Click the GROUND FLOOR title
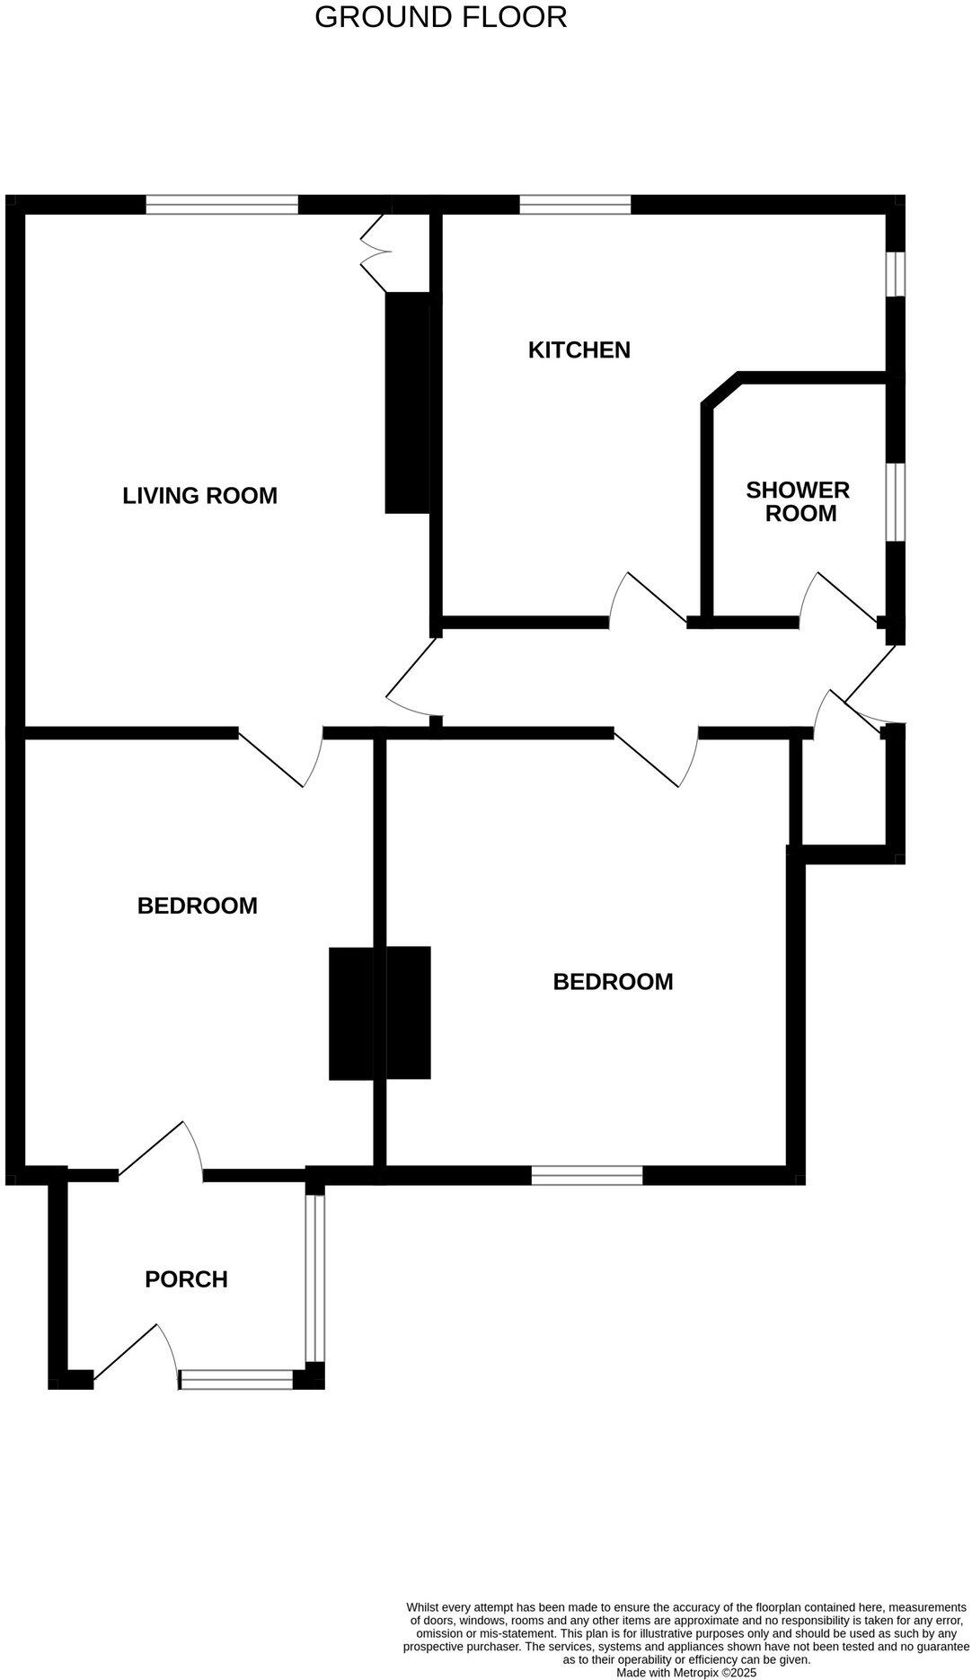click(440, 17)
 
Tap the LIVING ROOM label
click(199, 495)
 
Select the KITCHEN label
click(579, 349)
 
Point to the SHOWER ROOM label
click(798, 501)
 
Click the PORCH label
click(186, 1279)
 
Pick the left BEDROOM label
click(197, 906)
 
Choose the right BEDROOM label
click(613, 981)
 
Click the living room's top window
click(222, 205)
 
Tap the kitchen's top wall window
click(575, 205)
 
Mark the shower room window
click(896, 501)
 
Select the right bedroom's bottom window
click(587, 1175)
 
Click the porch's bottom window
click(237, 1380)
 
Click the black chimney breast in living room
click(407, 402)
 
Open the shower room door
click(840, 598)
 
